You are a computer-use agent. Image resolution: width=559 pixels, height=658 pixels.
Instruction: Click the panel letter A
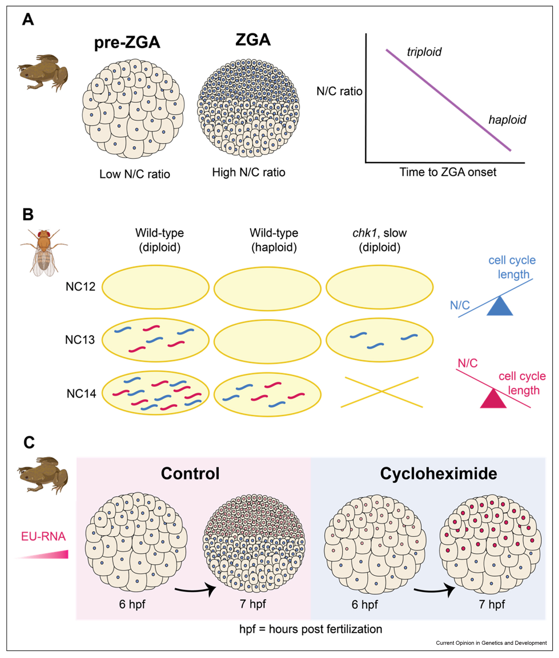tap(28, 20)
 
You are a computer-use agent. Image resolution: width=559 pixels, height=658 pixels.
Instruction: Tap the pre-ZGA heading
tap(127, 42)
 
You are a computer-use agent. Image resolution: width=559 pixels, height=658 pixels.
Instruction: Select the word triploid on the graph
tap(424, 52)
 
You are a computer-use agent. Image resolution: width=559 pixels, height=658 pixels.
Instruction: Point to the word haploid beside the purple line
tap(507, 120)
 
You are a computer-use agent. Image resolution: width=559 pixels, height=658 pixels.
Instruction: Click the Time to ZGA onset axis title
tap(447, 172)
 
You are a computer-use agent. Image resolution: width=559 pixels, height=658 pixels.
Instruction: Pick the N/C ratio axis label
tap(339, 91)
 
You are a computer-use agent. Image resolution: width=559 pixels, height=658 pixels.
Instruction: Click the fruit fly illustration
tap(44, 252)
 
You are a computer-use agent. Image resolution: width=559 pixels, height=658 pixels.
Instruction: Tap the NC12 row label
tap(80, 287)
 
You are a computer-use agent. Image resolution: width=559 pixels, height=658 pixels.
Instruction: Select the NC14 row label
tap(81, 394)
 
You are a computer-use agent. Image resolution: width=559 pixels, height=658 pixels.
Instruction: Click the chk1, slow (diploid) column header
tap(379, 240)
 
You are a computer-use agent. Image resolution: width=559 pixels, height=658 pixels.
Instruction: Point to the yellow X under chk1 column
tap(381, 392)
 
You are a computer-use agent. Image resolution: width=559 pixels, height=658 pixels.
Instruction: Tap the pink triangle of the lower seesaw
tap(493, 399)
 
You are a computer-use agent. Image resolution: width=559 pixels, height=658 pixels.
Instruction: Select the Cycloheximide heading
tap(438, 474)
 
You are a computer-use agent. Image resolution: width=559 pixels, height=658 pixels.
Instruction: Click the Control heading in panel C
tap(190, 474)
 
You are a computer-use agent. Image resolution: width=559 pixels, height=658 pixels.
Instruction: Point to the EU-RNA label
tap(43, 536)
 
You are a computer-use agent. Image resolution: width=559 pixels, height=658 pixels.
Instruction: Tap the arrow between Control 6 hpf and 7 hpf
tap(195, 590)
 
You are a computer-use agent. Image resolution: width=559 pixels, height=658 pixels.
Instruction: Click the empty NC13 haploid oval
tap(267, 341)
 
